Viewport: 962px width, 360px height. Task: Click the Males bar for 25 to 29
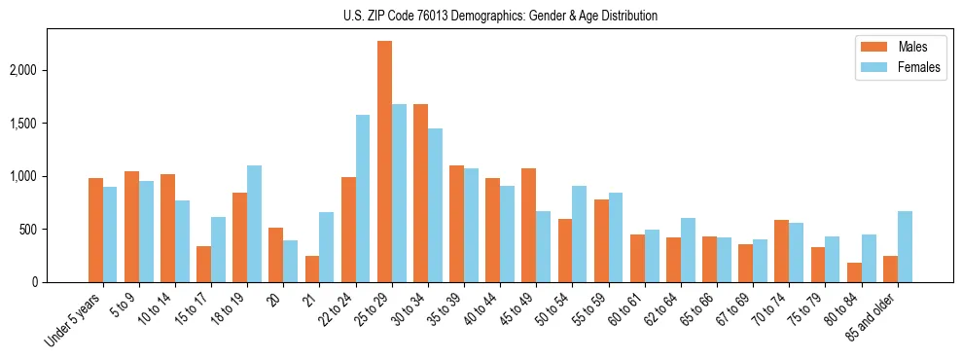pyautogui.click(x=384, y=162)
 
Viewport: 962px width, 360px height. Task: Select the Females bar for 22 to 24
pyautogui.click(x=363, y=198)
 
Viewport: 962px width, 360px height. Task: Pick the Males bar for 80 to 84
pyautogui.click(x=854, y=272)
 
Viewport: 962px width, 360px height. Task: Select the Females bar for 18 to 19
pyautogui.click(x=255, y=224)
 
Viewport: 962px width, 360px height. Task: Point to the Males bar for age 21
pyautogui.click(x=312, y=269)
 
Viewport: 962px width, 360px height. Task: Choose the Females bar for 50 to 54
pyautogui.click(x=580, y=234)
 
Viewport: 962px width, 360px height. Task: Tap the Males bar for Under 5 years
pyautogui.click(x=95, y=230)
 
